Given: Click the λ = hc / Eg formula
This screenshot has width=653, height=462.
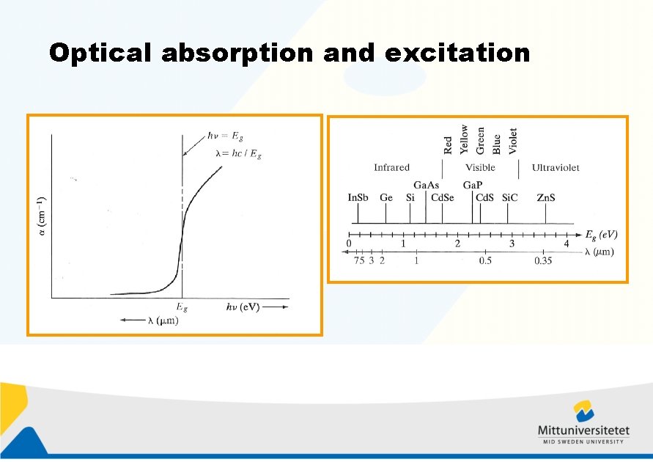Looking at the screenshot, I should pyautogui.click(x=238, y=153).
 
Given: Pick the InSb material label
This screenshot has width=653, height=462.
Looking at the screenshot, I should pyautogui.click(x=358, y=198).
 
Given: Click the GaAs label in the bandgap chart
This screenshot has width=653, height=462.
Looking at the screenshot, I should pyautogui.click(x=426, y=186).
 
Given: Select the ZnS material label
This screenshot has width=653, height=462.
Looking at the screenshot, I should pyautogui.click(x=545, y=198).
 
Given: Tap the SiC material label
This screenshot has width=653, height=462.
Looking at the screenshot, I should pyautogui.click(x=509, y=198).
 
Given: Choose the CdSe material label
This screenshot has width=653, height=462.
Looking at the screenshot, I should pyautogui.click(x=443, y=198).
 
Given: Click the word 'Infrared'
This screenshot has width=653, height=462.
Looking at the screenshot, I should pyautogui.click(x=391, y=168).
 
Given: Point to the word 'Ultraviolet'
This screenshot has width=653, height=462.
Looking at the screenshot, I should pyautogui.click(x=555, y=168).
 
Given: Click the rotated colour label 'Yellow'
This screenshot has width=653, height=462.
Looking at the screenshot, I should pyautogui.click(x=464, y=139).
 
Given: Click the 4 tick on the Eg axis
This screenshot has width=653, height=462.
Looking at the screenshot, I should pyautogui.click(x=567, y=243).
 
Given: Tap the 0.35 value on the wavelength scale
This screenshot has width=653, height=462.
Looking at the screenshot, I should pyautogui.click(x=543, y=261).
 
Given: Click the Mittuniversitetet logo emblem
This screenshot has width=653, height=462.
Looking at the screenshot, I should pyautogui.click(x=583, y=411).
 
